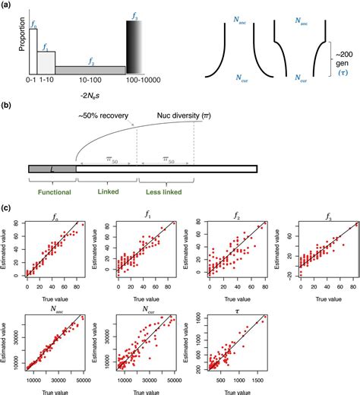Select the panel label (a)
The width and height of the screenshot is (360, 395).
click(9, 5)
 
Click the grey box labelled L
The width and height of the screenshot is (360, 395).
click(52, 168)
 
